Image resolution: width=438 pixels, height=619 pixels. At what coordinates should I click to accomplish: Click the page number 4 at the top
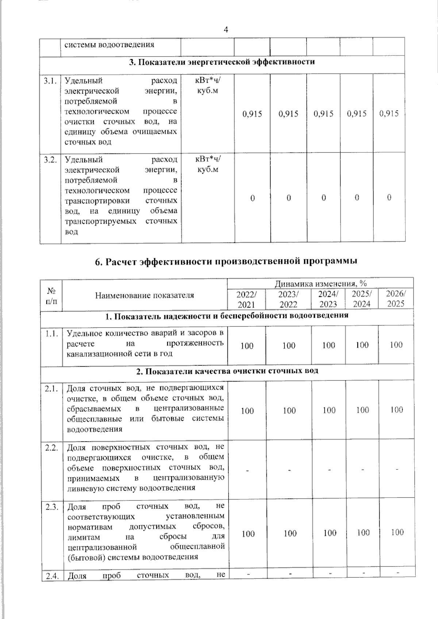226,30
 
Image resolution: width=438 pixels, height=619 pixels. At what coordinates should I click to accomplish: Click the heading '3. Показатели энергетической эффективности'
222,62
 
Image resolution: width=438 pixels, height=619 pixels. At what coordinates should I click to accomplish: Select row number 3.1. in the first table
49,81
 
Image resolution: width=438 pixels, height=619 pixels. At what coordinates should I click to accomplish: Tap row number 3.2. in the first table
49,160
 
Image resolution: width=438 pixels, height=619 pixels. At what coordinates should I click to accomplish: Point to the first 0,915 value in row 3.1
252,114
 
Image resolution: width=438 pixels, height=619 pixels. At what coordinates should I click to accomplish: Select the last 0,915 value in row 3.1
389,113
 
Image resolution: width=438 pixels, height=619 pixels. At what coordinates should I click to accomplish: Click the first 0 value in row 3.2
252,198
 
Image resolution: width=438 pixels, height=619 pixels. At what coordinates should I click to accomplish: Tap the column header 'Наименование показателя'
145,295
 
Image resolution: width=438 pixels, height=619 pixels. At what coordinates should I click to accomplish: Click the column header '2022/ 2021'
246,299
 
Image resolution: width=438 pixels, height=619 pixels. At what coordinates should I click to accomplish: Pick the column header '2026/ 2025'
396,299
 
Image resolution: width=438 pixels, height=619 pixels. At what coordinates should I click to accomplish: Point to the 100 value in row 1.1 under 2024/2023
328,345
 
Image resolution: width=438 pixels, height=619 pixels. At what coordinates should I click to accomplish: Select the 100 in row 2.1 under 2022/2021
247,411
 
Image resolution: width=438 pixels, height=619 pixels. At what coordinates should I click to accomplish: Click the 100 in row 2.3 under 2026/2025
397,532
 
